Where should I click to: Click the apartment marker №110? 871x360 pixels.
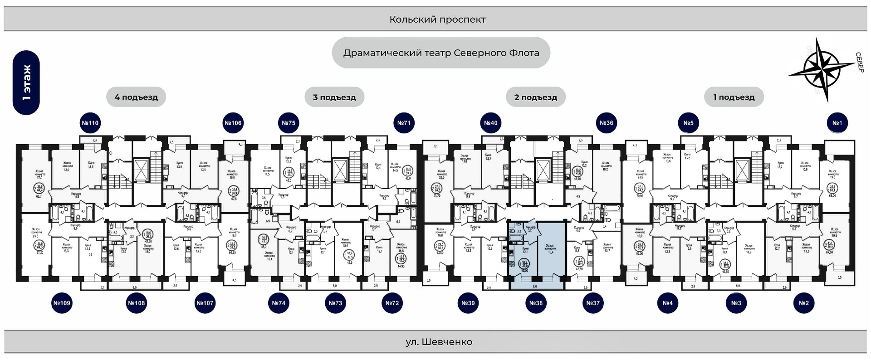(x=90, y=123)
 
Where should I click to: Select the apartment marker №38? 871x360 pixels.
(x=536, y=303)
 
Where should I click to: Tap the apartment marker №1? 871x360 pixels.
(x=837, y=123)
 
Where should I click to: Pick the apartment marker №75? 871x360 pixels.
(x=289, y=123)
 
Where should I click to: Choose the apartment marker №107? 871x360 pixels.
(x=205, y=303)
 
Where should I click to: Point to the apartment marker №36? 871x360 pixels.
(x=607, y=123)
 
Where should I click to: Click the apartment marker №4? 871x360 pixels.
(x=667, y=303)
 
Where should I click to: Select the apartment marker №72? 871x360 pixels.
(x=392, y=303)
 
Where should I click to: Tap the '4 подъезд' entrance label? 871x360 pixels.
(x=136, y=97)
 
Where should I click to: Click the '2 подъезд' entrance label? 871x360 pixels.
(x=535, y=97)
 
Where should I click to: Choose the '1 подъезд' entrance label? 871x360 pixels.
(x=734, y=97)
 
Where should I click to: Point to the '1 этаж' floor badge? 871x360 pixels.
(x=26, y=83)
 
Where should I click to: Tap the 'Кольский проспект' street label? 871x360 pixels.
(x=437, y=19)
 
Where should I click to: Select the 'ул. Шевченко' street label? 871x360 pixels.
(x=439, y=342)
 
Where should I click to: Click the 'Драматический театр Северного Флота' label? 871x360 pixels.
(x=441, y=53)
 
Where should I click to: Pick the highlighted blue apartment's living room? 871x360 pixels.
(x=551, y=249)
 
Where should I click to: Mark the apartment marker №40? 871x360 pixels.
(x=490, y=123)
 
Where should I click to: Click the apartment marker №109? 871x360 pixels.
(x=62, y=303)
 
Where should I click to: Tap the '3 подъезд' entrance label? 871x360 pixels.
(x=334, y=97)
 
